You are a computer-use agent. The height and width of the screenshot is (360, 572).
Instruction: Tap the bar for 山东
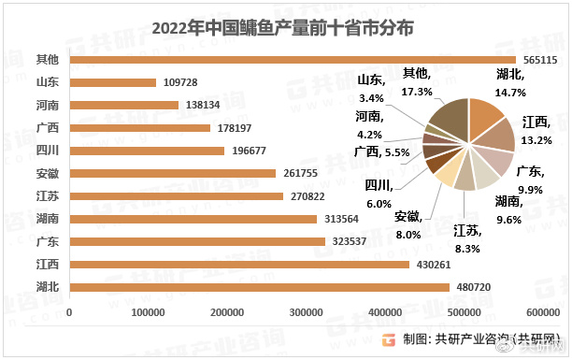(112, 82)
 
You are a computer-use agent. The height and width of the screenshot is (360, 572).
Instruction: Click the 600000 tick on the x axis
(540, 311)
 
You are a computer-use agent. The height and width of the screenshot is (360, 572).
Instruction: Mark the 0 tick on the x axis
(69, 311)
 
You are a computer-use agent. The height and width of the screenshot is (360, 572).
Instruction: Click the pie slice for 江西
(496, 137)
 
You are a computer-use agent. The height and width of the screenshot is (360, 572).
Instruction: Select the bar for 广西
(139, 128)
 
